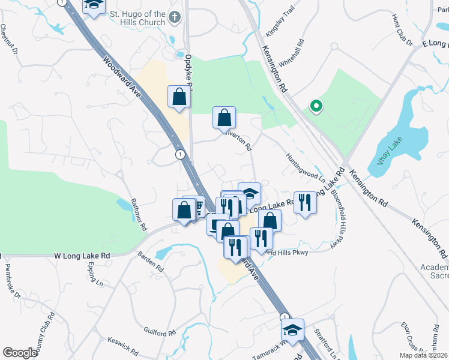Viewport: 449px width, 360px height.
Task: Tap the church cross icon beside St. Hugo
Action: [175, 17]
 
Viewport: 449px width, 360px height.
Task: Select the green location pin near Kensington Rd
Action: [316, 107]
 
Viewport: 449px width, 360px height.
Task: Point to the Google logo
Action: [20, 353]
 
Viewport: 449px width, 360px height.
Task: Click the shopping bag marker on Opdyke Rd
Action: [179, 97]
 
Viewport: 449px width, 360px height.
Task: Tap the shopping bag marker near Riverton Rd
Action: [224, 118]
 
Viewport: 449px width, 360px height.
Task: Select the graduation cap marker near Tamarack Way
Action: [292, 330]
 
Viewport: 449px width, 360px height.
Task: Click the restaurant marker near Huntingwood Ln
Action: [305, 203]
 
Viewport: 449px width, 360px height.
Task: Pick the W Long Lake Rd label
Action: [83, 256]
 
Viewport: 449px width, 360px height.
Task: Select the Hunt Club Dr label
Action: [402, 31]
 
